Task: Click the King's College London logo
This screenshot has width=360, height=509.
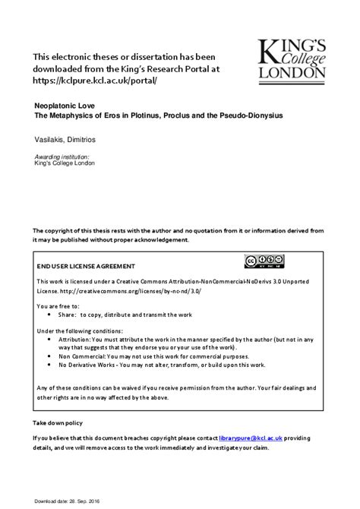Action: (292, 60)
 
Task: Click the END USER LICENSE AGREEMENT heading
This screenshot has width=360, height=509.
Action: (86, 267)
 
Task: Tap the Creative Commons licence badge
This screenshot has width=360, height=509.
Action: (264, 262)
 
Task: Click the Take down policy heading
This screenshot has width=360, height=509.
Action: (58, 422)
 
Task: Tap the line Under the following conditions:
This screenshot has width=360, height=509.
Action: (79, 330)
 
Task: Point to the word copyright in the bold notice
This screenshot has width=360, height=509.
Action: (58, 230)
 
